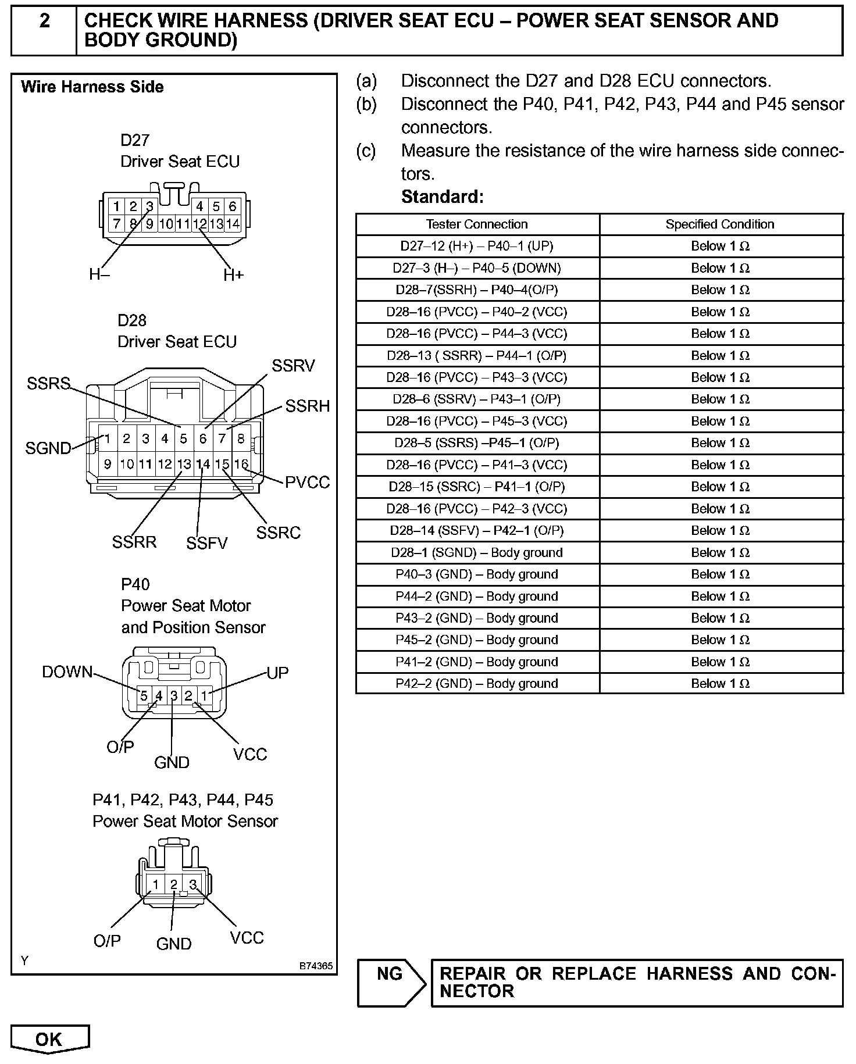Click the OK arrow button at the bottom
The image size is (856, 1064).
coord(49,1039)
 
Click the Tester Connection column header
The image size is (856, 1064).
coord(477,224)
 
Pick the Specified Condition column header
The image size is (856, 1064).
coord(720,224)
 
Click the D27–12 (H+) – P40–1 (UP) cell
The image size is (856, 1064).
coord(477,246)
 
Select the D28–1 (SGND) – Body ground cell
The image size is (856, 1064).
coord(477,552)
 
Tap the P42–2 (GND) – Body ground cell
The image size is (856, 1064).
coord(477,684)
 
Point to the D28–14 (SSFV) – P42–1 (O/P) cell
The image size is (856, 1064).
coord(477,531)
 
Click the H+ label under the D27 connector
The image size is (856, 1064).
coord(234,275)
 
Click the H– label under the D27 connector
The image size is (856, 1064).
coord(99,275)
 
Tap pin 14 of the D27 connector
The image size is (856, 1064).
coord(233,223)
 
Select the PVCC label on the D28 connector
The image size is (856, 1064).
coord(307,482)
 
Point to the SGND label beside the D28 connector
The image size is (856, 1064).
coord(48,448)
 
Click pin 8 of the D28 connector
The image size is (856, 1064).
coord(241,439)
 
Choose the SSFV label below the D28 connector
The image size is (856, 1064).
coord(206,543)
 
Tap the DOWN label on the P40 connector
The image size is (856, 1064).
coord(67,672)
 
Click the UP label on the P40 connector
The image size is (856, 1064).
coord(277,673)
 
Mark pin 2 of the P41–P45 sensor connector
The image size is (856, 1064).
coord(173,884)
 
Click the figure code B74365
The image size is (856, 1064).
coord(316,966)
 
